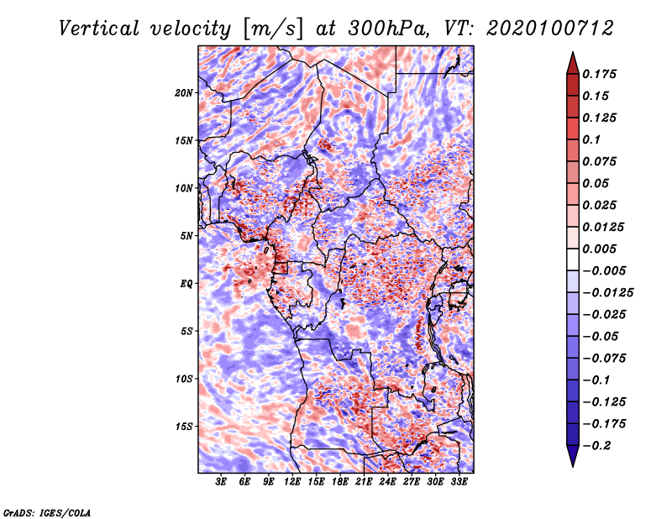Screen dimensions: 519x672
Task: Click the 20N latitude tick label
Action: [x=184, y=92]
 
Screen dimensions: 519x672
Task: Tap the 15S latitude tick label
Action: [x=184, y=426]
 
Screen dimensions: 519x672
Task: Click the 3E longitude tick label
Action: [x=221, y=482]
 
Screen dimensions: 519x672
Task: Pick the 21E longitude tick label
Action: [x=364, y=482]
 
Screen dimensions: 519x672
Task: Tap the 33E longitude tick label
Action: [x=459, y=482]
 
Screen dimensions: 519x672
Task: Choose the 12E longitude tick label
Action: [x=292, y=482]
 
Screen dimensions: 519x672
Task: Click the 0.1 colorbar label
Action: [x=592, y=139]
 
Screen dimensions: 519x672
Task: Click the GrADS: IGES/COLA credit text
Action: [x=46, y=511]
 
